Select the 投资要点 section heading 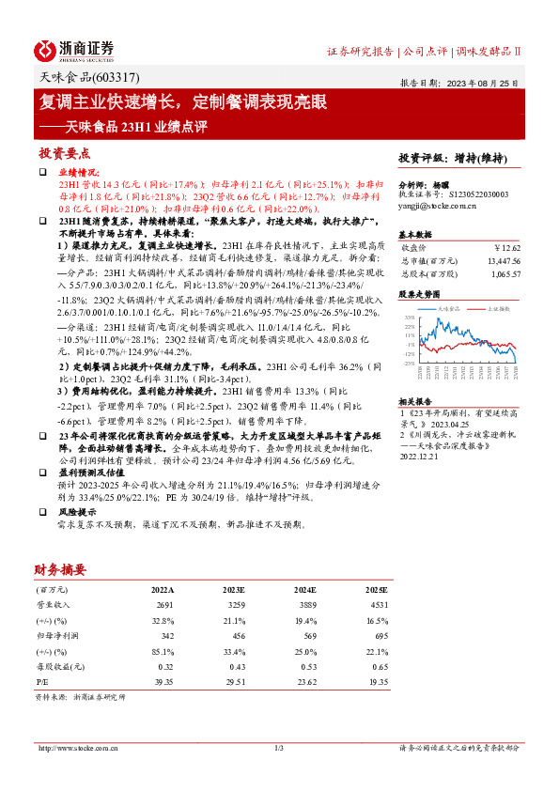(x=64, y=152)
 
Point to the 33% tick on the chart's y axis (x=410, y=318)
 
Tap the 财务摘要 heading (x=60, y=569)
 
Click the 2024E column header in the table (x=304, y=590)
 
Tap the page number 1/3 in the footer (x=279, y=748)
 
